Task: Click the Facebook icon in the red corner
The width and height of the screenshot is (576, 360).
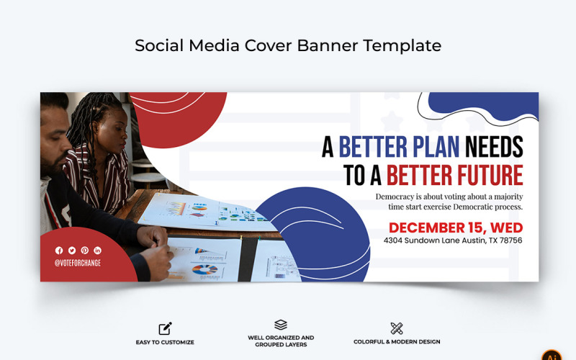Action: [59, 250]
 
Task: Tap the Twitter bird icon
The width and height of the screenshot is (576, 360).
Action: [72, 250]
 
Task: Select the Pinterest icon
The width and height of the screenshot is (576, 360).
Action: [85, 250]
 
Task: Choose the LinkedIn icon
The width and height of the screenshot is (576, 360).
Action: [98, 250]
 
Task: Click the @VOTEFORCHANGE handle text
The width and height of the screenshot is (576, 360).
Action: [78, 263]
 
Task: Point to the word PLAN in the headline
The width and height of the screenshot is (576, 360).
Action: [433, 147]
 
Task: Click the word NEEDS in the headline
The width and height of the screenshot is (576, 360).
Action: [494, 147]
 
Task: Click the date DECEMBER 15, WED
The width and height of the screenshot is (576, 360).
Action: [456, 228]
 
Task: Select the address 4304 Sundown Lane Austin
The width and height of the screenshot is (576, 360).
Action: [453, 240]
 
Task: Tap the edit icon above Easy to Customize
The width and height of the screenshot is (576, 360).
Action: [165, 329]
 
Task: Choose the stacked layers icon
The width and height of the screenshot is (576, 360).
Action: [281, 325]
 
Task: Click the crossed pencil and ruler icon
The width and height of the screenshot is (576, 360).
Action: [397, 328]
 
